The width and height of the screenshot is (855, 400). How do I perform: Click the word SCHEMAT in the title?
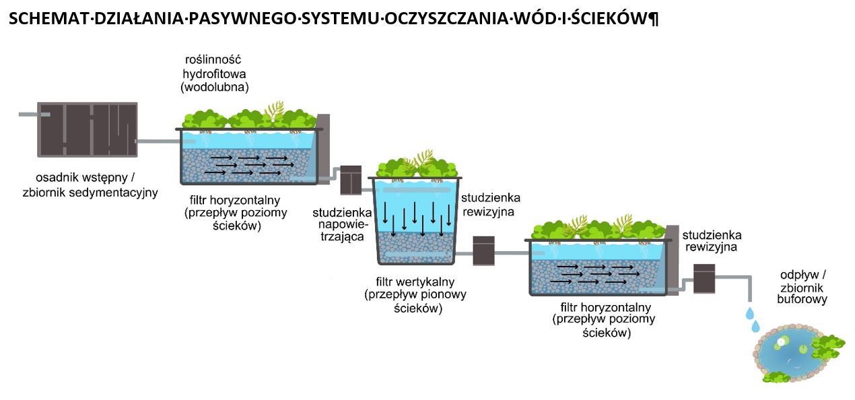[49, 18]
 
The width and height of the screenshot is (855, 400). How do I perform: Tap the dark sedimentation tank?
[88, 130]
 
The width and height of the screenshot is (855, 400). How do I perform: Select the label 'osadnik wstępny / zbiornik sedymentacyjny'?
[90, 185]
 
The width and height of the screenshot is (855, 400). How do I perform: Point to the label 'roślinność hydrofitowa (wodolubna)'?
[214, 73]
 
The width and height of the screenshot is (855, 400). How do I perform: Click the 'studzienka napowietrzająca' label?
[342, 224]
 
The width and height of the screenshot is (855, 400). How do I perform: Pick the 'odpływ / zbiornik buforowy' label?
[802, 287]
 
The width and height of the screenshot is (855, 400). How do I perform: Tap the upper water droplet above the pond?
[750, 314]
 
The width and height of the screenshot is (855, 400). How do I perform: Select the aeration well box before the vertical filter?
[351, 180]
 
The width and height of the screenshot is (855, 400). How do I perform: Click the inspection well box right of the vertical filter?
[483, 251]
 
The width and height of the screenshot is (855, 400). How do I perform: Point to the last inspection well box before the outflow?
[704, 279]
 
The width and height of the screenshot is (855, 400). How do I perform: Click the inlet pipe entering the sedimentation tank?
[34, 114]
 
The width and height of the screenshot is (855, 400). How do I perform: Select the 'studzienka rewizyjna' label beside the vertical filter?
[491, 205]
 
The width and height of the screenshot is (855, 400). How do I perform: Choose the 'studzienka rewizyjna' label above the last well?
[712, 241]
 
